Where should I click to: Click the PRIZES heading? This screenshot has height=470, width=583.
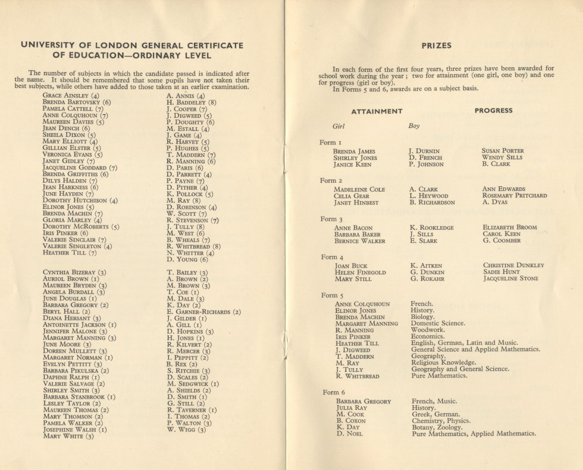437,45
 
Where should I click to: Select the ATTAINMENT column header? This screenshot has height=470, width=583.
377,111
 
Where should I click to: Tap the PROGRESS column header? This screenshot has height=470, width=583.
493,111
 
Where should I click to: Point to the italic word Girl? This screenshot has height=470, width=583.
338,126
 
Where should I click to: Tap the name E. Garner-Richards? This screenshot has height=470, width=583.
203,312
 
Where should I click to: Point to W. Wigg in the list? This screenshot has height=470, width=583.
186,430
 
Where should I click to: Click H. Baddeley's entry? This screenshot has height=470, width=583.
192,102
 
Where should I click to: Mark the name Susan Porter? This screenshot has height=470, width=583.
503,151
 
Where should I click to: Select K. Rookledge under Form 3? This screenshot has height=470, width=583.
432,228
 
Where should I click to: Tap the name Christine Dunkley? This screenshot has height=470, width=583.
513,265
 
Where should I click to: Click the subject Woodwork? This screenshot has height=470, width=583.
428,330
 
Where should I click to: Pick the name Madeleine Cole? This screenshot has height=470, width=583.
359,190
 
